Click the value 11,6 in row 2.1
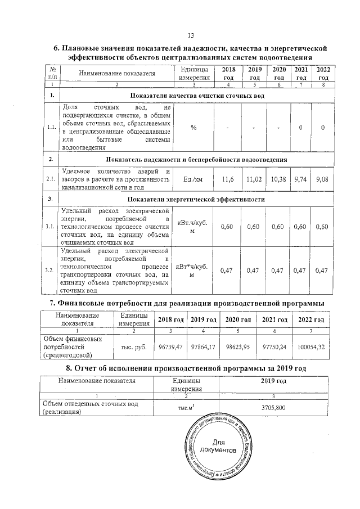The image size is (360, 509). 228,179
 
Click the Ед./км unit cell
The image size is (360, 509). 193,179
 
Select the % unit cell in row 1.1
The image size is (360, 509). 193,128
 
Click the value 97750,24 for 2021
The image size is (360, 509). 276,348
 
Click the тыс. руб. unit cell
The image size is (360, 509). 130,348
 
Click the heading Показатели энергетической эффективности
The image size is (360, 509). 196,199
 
